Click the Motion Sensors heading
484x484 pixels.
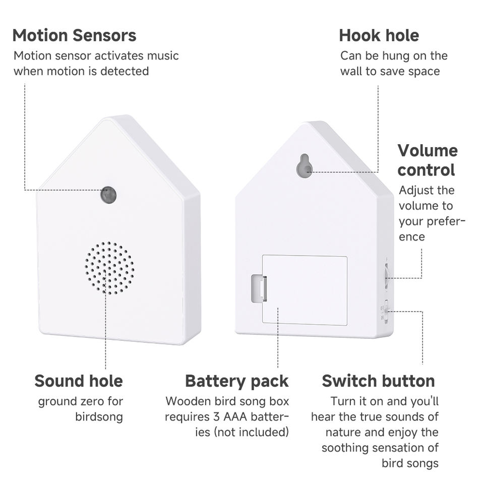click(x=74, y=36)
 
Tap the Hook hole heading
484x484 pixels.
click(x=379, y=36)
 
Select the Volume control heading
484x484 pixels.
click(x=427, y=160)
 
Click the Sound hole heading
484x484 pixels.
click(x=79, y=381)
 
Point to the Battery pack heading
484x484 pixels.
click(x=236, y=381)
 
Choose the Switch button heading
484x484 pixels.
click(x=378, y=381)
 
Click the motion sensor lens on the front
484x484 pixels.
click(x=108, y=195)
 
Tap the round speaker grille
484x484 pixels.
click(x=109, y=268)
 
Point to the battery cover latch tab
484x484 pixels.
click(x=259, y=288)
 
